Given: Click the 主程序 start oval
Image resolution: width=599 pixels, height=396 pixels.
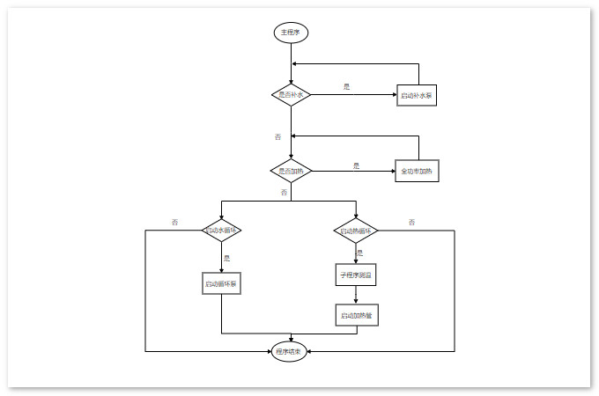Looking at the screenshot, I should pyautogui.click(x=291, y=33).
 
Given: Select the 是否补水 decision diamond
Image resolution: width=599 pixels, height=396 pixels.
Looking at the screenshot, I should pyautogui.click(x=291, y=94).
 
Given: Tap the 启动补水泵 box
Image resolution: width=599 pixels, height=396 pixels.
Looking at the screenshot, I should pyautogui.click(x=417, y=94).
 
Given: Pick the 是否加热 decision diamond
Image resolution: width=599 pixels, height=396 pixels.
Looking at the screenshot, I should pyautogui.click(x=291, y=171).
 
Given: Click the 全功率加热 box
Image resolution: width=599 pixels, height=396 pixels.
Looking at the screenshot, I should pyautogui.click(x=417, y=171).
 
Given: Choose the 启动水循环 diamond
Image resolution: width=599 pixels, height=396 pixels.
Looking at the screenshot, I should pyautogui.click(x=221, y=231).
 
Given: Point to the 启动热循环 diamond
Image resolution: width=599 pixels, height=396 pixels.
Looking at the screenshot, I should pyautogui.click(x=356, y=231).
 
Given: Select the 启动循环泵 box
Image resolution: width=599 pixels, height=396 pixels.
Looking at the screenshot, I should pyautogui.click(x=221, y=284).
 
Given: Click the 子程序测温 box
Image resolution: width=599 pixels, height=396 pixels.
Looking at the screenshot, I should pyautogui.click(x=356, y=275).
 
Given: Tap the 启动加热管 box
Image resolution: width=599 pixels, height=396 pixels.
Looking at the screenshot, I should pyautogui.click(x=356, y=315).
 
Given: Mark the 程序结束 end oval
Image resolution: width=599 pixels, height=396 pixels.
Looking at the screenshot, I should pyautogui.click(x=289, y=352).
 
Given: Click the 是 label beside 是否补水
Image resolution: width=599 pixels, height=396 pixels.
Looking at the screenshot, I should pyautogui.click(x=347, y=86).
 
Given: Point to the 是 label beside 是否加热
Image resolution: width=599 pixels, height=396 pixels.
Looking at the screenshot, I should pyautogui.click(x=356, y=165).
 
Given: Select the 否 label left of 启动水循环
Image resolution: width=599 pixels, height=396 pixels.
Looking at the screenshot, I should pyautogui.click(x=174, y=222).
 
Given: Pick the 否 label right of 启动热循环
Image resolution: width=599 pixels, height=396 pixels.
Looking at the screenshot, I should pyautogui.click(x=411, y=222).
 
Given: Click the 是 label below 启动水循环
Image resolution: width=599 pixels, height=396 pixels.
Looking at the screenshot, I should pyautogui.click(x=227, y=259).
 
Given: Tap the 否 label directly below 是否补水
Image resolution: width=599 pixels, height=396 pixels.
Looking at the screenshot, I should pyautogui.click(x=278, y=136).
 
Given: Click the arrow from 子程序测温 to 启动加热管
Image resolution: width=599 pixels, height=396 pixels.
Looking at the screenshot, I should pyautogui.click(x=356, y=296).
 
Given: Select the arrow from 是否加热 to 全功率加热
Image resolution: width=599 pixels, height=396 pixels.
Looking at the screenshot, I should pyautogui.click(x=352, y=171).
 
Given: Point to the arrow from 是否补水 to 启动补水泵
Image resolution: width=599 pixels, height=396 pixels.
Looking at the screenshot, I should pyautogui.click(x=352, y=94).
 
